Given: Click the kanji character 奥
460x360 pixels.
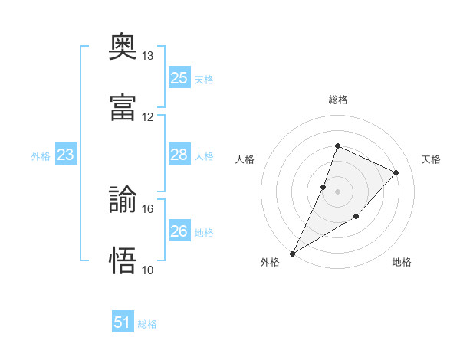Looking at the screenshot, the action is click(x=123, y=46).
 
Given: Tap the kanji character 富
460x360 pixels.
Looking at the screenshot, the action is click(x=123, y=107).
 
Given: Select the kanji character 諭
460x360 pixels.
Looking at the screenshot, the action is click(x=123, y=199).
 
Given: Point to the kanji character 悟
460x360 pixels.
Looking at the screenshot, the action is click(x=123, y=260).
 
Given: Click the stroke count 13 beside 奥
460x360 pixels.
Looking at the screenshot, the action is click(x=147, y=56).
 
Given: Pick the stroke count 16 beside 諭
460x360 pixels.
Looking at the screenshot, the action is click(x=147, y=209).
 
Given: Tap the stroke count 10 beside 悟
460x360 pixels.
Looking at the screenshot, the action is click(x=147, y=270).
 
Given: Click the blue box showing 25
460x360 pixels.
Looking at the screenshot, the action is click(x=179, y=77).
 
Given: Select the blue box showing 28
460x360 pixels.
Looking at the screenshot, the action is click(x=179, y=154).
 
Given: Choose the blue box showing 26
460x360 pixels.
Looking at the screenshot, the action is click(x=179, y=230).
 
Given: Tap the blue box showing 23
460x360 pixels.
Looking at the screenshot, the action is click(x=66, y=154).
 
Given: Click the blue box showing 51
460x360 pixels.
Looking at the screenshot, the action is click(x=123, y=321).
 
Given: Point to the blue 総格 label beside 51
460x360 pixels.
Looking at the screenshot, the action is click(x=147, y=324).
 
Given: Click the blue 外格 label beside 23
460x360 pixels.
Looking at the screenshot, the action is click(x=41, y=156).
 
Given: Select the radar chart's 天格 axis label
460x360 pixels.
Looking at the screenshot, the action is click(x=431, y=159).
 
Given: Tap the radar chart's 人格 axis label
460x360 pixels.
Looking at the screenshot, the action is click(x=245, y=159).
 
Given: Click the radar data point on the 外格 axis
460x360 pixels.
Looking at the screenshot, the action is click(x=292, y=254).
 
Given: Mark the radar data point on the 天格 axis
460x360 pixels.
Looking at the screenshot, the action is click(x=396, y=172).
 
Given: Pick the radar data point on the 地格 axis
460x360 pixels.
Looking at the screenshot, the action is click(x=356, y=216).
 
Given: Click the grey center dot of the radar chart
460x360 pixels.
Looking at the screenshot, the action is click(x=337, y=191).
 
